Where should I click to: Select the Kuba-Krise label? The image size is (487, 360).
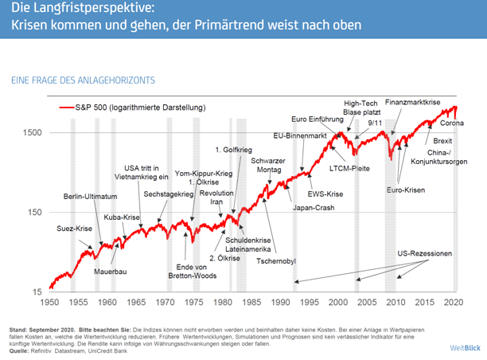tap(122, 217)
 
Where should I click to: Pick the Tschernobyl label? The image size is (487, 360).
tap(275, 260)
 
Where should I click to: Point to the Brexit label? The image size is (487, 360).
tap(443, 140)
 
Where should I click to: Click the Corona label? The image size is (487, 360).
tap(452, 123)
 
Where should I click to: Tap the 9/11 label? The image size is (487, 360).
tap(375, 123)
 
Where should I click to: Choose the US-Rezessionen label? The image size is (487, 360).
tap(425, 254)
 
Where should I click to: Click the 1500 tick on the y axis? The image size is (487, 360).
tap(34, 132)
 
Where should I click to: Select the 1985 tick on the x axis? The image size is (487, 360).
tap(251, 303)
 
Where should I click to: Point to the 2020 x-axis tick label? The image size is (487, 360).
tap(454, 303)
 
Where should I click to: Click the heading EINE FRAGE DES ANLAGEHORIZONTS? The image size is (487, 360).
tap(83, 80)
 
